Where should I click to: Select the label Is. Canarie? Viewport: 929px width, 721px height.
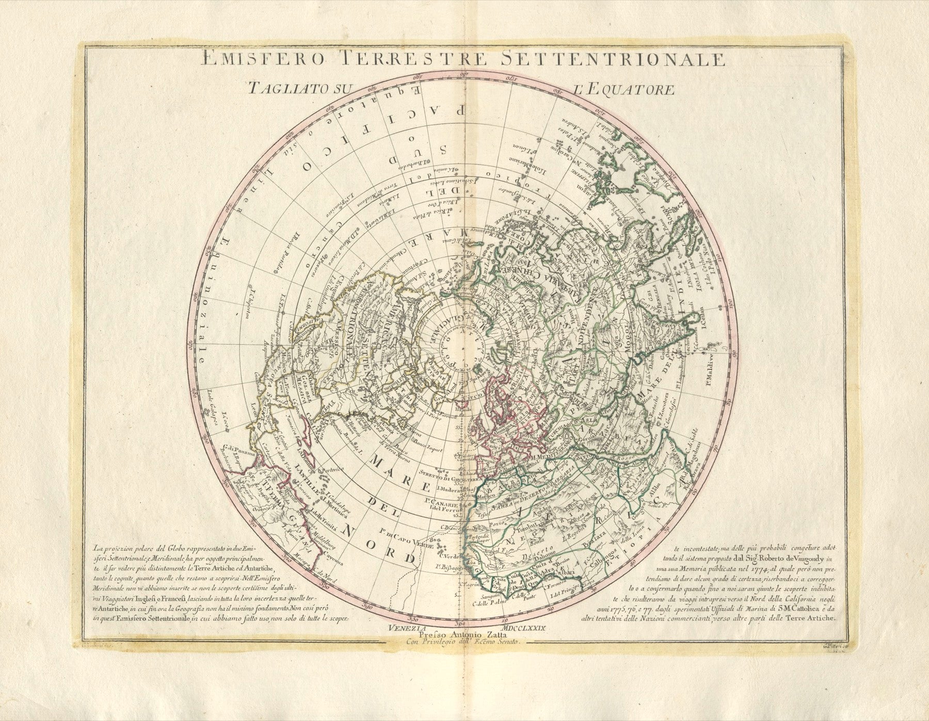tap(442, 500)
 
